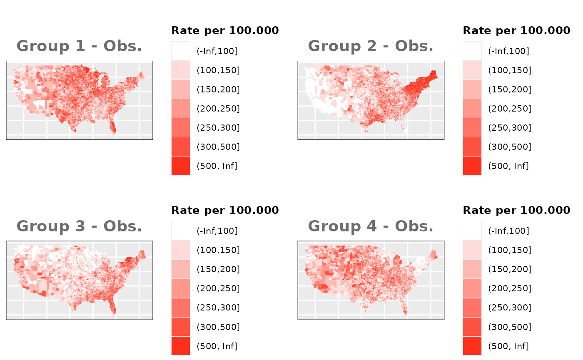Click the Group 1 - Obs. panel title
[79, 46]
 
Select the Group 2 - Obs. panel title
[371, 46]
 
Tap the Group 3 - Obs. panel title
[79, 226]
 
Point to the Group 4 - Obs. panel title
[371, 226]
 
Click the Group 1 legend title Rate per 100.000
[225, 30]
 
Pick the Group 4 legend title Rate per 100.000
[516, 210]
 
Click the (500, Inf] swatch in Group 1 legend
[181, 166]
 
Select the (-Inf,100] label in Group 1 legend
[217, 51]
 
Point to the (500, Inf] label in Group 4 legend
[508, 346]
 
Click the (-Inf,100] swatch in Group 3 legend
[181, 231]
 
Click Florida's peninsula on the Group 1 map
[112, 127]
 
